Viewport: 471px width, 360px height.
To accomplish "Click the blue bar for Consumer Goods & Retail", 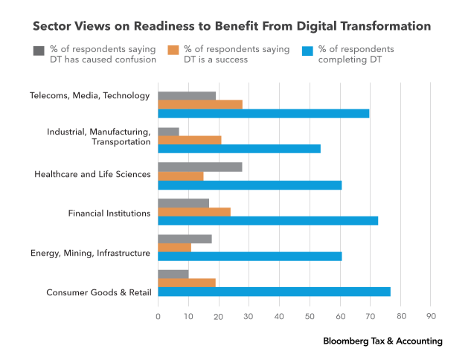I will (274, 292).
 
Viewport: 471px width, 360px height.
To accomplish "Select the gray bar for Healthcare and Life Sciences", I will (200, 167).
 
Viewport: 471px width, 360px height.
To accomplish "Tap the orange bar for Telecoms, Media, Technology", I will (200, 104).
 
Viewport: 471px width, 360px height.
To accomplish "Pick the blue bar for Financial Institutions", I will (268, 220).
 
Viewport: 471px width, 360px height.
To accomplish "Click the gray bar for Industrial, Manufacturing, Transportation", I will (168, 131).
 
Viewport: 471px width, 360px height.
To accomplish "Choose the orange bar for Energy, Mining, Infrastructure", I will (174, 247).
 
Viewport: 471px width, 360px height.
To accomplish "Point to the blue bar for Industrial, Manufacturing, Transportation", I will (239, 149).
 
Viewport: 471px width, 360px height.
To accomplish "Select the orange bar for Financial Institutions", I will (194, 211).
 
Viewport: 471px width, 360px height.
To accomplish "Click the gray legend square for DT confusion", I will (39, 51).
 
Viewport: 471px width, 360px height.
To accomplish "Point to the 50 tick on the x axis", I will (310, 316).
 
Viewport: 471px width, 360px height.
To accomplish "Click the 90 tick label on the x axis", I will (431, 316).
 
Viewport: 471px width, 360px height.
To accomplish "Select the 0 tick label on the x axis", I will (158, 316).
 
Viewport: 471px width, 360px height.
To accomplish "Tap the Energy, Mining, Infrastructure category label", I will (90, 254).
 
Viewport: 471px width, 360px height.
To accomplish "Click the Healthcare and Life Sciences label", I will (92, 174).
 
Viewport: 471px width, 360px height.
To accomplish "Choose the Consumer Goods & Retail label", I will (98, 292).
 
